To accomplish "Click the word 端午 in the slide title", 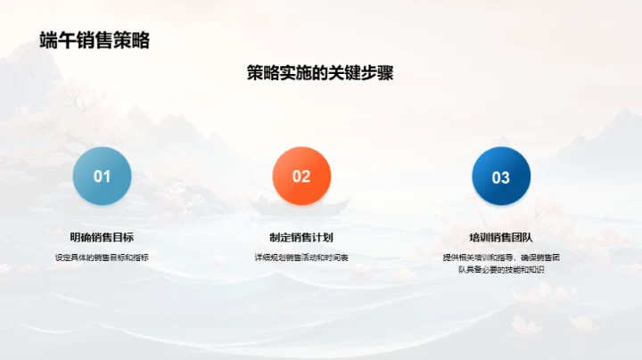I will pyautogui.click(x=53, y=40).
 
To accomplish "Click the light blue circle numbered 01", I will pyautogui.click(x=103, y=176).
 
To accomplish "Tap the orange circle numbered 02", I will pyautogui.click(x=301, y=176).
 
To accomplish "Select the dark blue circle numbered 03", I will pyautogui.click(x=501, y=176).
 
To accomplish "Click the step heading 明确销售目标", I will pyautogui.click(x=103, y=237).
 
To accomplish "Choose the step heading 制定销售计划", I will pyautogui.click(x=301, y=237).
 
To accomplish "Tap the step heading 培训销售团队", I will pyautogui.click(x=501, y=237).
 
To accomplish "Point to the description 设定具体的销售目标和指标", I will pyautogui.click(x=103, y=258).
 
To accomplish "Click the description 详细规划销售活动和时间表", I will pyautogui.click(x=301, y=258).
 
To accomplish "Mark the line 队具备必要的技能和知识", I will pyautogui.click(x=501, y=268).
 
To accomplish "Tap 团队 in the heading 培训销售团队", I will pyautogui.click(x=523, y=237).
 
